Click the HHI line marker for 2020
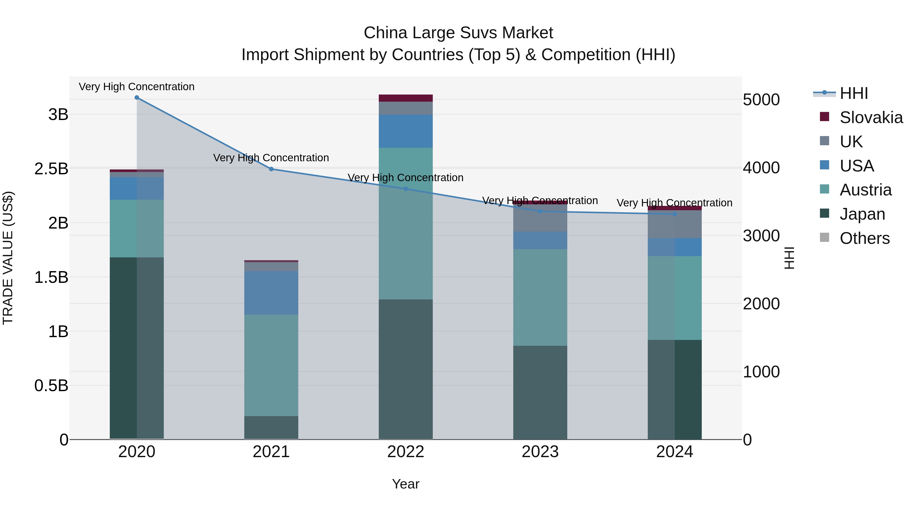click(137, 98)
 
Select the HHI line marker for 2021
click(271, 169)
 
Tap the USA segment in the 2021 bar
click(271, 293)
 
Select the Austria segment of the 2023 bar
click(540, 297)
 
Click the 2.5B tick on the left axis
click(51, 169)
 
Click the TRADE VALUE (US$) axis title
click(8, 258)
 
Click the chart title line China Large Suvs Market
click(458, 33)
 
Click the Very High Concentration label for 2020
click(137, 87)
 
